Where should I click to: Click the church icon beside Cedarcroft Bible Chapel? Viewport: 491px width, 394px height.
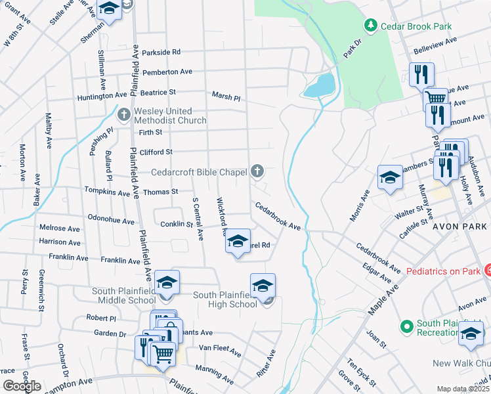click(x=257, y=171)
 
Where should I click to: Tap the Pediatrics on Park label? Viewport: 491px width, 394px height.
click(x=444, y=270)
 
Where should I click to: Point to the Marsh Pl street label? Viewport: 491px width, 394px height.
click(x=226, y=96)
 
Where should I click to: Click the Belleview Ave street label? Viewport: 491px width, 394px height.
click(x=433, y=45)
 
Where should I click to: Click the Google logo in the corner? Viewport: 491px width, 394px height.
click(x=22, y=386)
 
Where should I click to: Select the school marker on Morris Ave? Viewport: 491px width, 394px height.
click(x=390, y=177)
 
